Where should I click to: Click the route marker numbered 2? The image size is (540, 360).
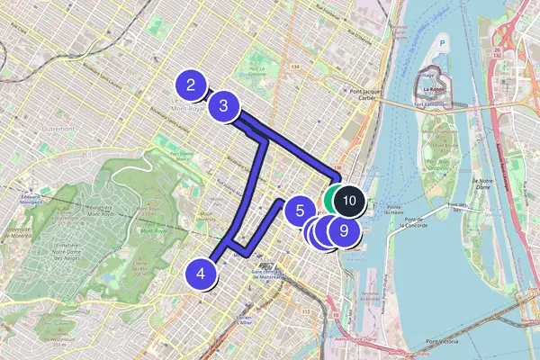[x=191, y=86]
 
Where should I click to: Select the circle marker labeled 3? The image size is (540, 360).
[x=224, y=106]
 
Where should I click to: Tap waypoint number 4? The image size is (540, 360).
[x=202, y=274]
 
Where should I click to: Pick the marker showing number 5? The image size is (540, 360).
[x=299, y=212]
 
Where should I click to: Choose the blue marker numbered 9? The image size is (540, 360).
[x=343, y=230]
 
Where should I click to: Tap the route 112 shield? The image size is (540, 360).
[x=306, y=312]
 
